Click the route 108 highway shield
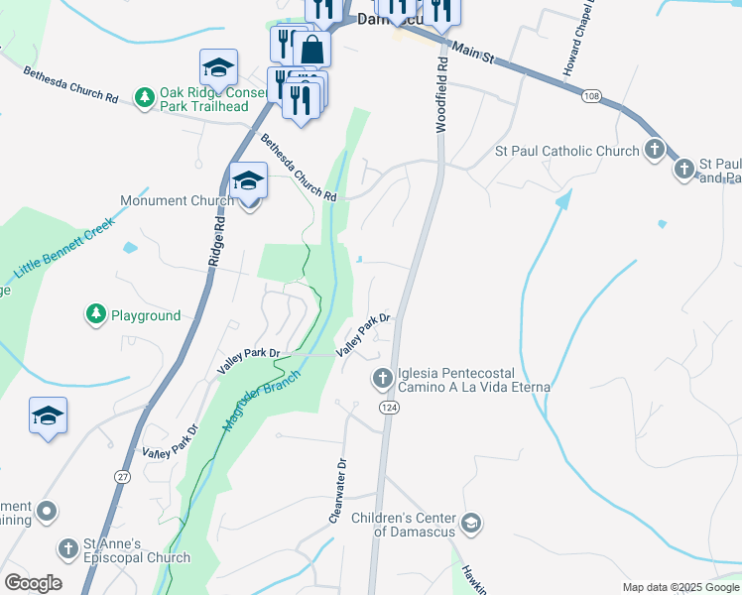[x=592, y=95]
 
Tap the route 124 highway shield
[x=387, y=408]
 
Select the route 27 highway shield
[x=122, y=476]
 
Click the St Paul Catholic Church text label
[x=567, y=152]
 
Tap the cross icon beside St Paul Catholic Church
[x=654, y=151]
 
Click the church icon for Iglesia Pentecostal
[x=383, y=378]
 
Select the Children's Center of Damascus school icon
[x=471, y=523]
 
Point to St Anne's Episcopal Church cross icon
[x=67, y=548]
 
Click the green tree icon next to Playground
[x=95, y=315]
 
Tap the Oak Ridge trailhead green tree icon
[x=145, y=96]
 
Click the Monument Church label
[x=177, y=200]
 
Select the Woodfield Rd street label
[x=442, y=94]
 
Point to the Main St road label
[x=473, y=53]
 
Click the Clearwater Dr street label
[x=338, y=491]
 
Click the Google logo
[x=33, y=583]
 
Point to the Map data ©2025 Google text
[x=680, y=587]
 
